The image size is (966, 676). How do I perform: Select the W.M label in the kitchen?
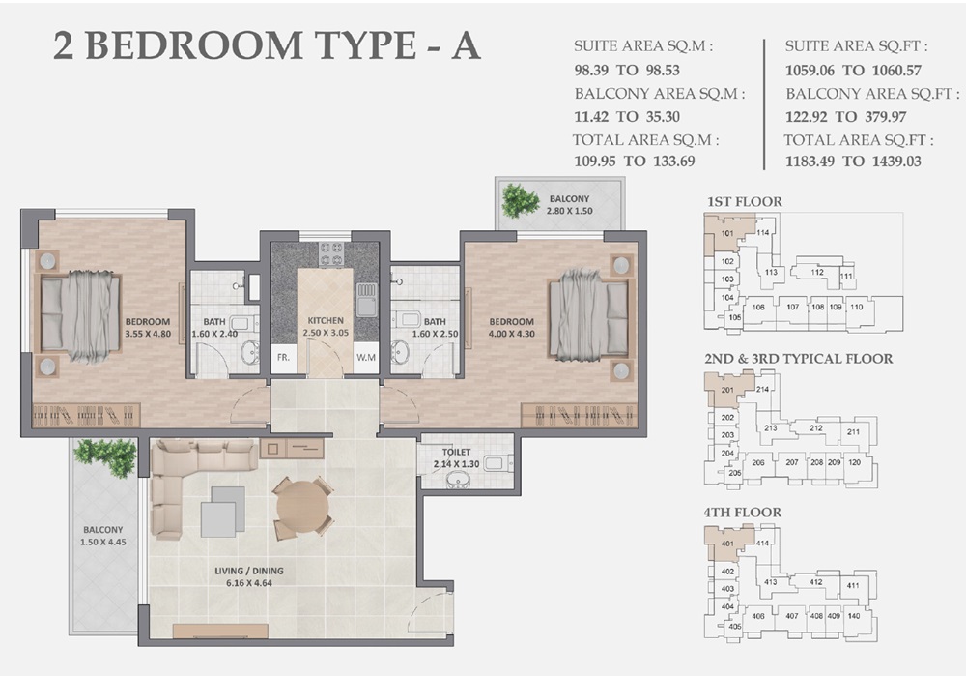point(365,357)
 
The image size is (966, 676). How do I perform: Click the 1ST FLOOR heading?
point(744,201)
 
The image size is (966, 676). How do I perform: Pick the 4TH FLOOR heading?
point(744,512)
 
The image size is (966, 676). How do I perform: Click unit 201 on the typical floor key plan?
point(727,390)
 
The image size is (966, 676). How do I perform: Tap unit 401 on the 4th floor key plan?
point(727,544)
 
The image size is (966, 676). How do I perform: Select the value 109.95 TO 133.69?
point(634,162)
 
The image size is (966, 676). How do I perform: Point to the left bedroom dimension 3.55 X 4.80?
point(147,335)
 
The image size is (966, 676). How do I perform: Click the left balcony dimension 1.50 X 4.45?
point(102,544)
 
